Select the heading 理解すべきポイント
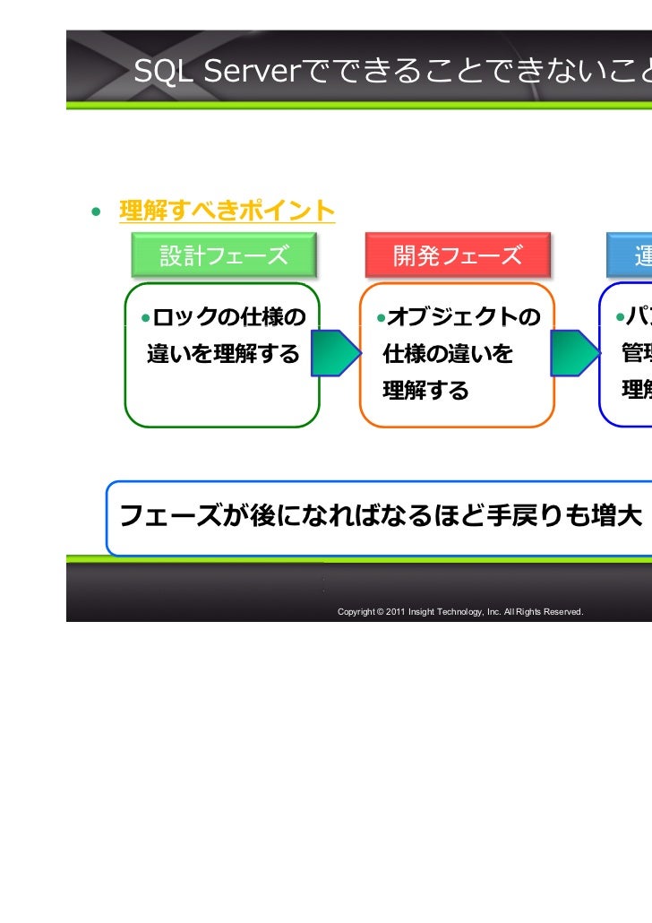[x=227, y=211]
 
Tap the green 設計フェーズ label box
[x=224, y=256]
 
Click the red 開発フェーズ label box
[x=457, y=256]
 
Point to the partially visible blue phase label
[x=630, y=256]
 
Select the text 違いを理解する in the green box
[x=223, y=354]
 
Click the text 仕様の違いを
[x=448, y=354]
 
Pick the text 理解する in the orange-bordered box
[x=425, y=391]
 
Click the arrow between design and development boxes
[x=333, y=354]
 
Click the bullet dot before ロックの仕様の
[x=144, y=317]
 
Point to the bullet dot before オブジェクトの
[x=381, y=317]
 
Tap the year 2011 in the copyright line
[x=395, y=611]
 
